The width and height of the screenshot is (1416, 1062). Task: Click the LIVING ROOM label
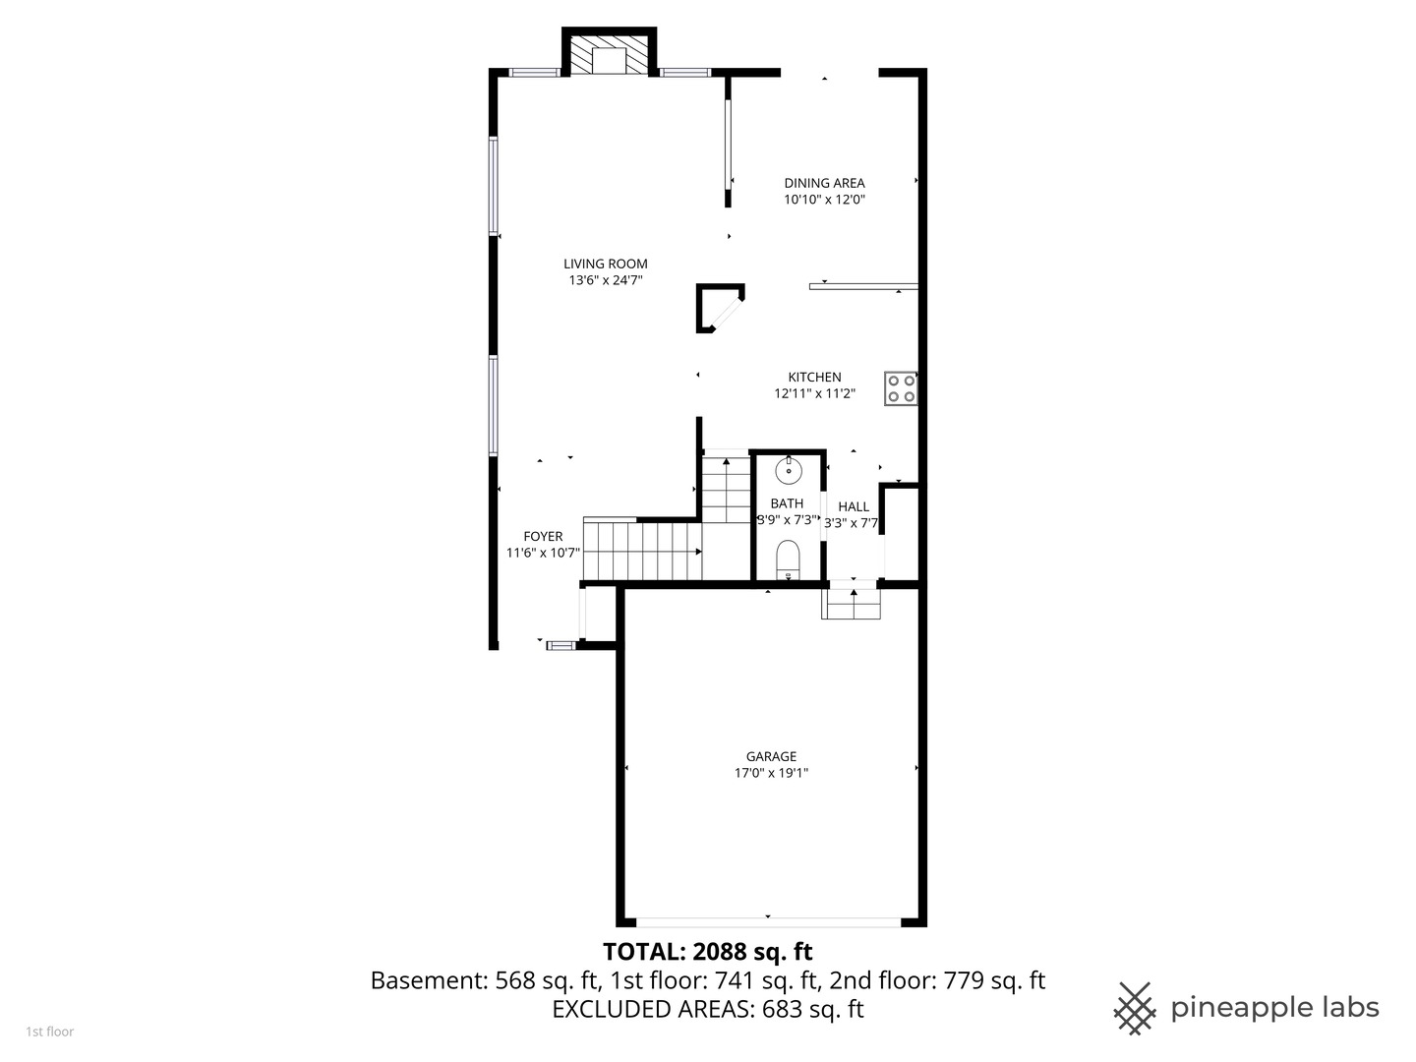(x=605, y=264)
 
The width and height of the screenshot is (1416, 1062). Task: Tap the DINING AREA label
(x=824, y=183)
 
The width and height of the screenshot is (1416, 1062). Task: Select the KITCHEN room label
(x=814, y=378)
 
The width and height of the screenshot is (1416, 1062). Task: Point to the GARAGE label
(x=771, y=756)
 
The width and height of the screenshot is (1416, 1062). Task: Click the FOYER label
(x=543, y=537)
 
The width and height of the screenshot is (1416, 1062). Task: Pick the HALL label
(x=853, y=506)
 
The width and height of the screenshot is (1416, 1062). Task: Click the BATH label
(x=787, y=503)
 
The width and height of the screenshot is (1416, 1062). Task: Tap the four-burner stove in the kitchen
(x=901, y=388)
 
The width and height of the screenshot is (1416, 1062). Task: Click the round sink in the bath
(x=789, y=470)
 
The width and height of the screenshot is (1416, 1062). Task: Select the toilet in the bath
(x=788, y=560)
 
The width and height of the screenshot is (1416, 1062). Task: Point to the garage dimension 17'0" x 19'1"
(x=771, y=773)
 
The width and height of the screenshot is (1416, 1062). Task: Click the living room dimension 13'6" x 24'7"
(x=605, y=280)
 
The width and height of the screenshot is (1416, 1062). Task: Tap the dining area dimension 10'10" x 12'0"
(x=824, y=200)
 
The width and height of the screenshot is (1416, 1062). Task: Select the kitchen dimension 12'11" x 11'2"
(x=814, y=394)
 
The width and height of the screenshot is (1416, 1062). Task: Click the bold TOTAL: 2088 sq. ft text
(x=707, y=952)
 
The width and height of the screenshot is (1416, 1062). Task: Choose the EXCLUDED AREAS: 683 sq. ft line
(x=707, y=1009)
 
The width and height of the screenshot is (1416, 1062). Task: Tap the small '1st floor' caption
(x=50, y=1032)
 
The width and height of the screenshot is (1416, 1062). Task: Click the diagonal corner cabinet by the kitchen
(x=720, y=308)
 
